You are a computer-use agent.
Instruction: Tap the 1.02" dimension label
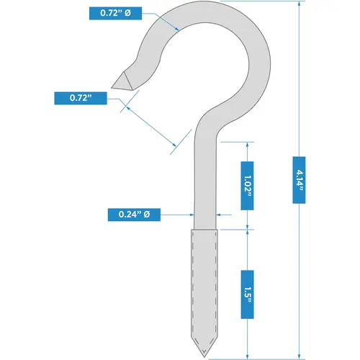pos(246,186)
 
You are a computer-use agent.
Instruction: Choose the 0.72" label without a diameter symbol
pos(78,96)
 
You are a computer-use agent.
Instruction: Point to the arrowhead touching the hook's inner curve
pos(176,29)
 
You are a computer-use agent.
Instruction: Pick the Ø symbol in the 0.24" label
pos(148,215)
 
